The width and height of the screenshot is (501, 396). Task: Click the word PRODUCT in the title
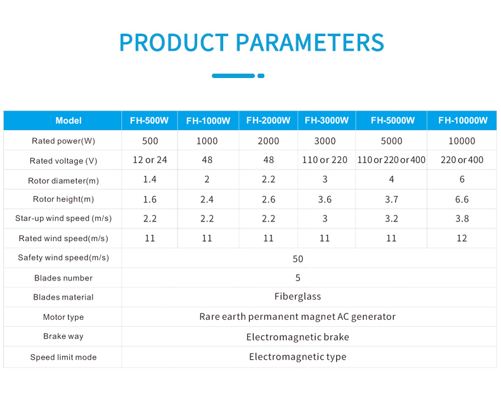coord(174,43)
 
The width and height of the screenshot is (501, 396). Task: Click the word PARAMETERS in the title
coord(310,43)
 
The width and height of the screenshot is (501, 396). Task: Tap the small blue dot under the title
coord(261,76)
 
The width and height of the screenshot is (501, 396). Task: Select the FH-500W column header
coord(149,121)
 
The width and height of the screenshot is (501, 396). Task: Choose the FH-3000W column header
coord(327,121)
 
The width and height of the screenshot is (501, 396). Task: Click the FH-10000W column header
coord(463,121)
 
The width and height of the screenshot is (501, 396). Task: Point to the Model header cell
coord(68,121)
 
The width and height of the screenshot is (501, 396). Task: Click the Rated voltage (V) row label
coord(63,161)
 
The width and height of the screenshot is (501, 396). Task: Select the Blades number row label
coord(63,278)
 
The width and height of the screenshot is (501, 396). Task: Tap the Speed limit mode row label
coord(63,357)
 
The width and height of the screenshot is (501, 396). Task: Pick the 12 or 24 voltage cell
coord(150,160)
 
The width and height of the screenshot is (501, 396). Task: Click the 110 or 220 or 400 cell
coord(391,160)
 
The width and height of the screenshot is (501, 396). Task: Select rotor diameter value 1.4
coord(150,180)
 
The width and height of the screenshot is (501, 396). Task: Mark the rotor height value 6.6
coord(462,199)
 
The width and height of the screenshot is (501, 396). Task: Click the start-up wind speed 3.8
coord(462,218)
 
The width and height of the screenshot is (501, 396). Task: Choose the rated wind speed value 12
coord(462,238)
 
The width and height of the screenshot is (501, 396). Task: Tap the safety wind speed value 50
coord(298,259)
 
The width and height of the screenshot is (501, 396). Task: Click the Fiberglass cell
coord(297,296)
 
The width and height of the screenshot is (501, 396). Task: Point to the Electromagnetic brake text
coord(297,337)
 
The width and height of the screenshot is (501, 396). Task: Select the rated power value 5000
coord(391,141)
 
